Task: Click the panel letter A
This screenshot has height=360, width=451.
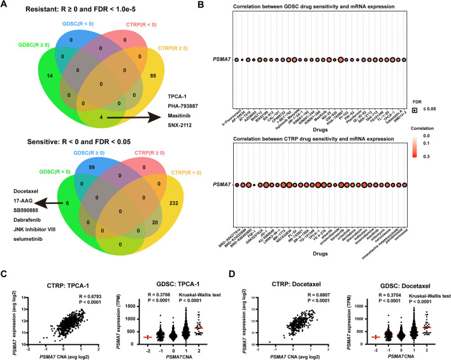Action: click(x=5, y=6)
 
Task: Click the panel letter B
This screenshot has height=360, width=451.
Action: click(x=227, y=6)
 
